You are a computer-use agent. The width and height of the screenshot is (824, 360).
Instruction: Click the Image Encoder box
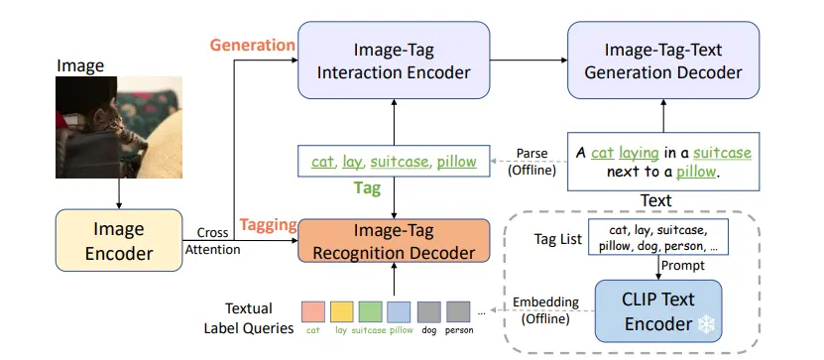click(119, 241)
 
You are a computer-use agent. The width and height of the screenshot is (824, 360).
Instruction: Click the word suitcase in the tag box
click(400, 162)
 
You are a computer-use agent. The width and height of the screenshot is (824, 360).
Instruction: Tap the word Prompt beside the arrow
click(684, 266)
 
